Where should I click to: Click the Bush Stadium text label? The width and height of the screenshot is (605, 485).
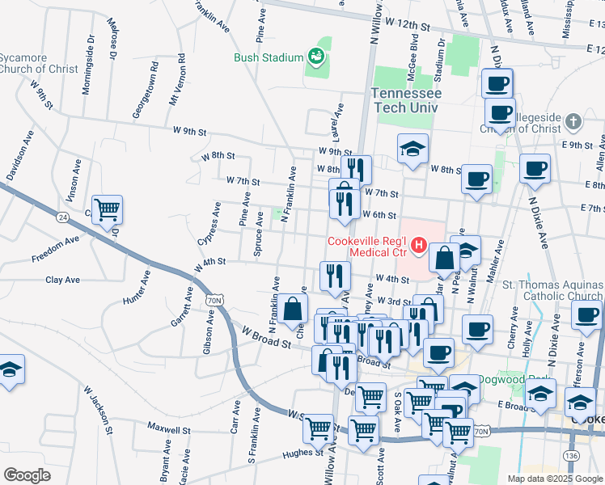[268, 57]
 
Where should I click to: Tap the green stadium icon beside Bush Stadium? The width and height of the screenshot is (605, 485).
[315, 57]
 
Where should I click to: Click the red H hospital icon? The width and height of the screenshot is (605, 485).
[419, 243]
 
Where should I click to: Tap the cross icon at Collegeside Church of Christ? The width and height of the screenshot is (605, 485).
[573, 123]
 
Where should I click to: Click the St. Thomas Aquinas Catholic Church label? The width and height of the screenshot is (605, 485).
[552, 290]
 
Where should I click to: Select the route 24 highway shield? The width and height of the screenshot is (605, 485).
[62, 217]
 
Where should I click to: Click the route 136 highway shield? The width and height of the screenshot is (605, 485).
[572, 457]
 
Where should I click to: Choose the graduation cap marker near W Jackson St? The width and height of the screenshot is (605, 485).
[11, 370]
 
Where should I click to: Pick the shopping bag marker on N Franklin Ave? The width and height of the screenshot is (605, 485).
[294, 309]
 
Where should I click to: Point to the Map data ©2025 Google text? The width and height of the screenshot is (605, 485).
[555, 479]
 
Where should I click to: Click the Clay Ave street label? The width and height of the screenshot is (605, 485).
[62, 280]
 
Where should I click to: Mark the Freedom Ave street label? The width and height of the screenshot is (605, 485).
[55, 249]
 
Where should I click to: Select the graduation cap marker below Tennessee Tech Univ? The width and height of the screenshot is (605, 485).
[412, 149]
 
